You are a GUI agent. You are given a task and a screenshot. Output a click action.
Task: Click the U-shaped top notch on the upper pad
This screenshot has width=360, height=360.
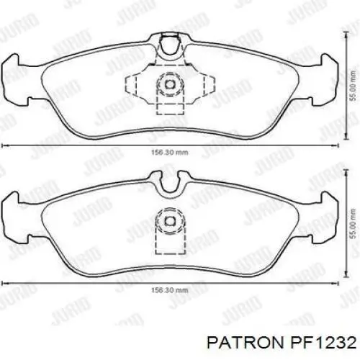[x=170, y=49]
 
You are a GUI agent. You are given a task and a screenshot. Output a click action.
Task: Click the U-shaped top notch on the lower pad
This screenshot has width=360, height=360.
[x=170, y=186]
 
